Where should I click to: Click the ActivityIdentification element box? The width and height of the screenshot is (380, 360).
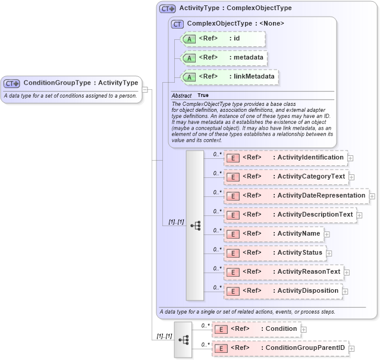pos(285,158)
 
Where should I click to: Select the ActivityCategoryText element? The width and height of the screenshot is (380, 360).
pos(285,177)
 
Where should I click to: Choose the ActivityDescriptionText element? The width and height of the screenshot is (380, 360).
pos(289,215)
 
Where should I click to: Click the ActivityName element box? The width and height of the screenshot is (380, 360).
pos(273,234)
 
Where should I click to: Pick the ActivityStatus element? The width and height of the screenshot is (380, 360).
pos(274,253)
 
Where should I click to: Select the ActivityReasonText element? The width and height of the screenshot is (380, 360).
pos(283,272)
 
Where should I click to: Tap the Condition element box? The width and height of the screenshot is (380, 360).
pos(256,329)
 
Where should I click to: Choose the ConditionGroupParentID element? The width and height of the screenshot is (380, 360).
pos(279,348)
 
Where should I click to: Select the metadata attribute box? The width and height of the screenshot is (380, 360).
pos(224,58)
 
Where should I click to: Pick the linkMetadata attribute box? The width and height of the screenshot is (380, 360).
pos(229,77)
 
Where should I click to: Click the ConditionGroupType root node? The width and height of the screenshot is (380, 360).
pos(71,83)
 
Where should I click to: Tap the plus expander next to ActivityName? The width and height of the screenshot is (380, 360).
pos(327,234)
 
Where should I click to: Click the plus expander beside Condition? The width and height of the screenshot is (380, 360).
pos(304,330)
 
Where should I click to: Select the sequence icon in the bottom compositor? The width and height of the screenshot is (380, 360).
pos(183,340)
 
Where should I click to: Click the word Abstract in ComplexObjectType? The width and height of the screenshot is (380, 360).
pos(181,96)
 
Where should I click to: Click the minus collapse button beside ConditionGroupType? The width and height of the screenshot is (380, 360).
pos(145,90)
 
